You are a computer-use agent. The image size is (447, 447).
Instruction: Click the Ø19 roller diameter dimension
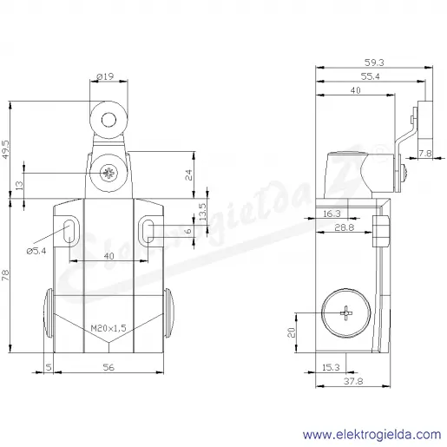(105, 76)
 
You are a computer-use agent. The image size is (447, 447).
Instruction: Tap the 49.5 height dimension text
(6, 149)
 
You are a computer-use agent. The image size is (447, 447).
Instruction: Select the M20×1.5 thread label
(108, 328)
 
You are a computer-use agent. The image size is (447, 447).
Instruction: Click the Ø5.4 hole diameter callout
(36, 251)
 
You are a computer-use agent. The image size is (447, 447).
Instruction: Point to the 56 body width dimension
(108, 367)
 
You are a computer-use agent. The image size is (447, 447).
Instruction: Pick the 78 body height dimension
(6, 275)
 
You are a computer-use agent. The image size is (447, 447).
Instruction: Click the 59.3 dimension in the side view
(374, 62)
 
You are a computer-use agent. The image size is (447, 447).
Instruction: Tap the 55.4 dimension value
(371, 76)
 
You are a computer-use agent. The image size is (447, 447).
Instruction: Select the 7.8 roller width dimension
(425, 154)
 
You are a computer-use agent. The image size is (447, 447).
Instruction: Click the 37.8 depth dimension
(353, 381)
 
